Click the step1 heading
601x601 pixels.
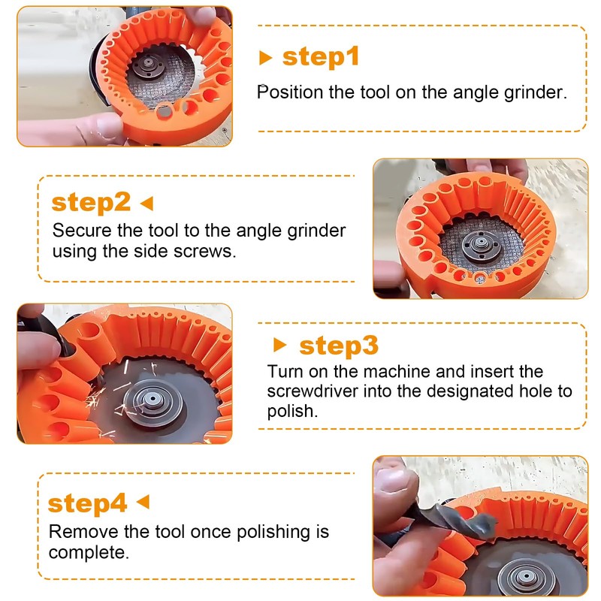[321, 57]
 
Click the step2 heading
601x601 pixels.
[91, 202]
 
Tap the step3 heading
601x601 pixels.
[339, 346]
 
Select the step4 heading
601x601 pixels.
[87, 503]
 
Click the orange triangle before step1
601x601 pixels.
[264, 58]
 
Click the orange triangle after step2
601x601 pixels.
[146, 202]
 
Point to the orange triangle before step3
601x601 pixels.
[279, 346]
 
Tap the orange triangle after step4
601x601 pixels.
[143, 502]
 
